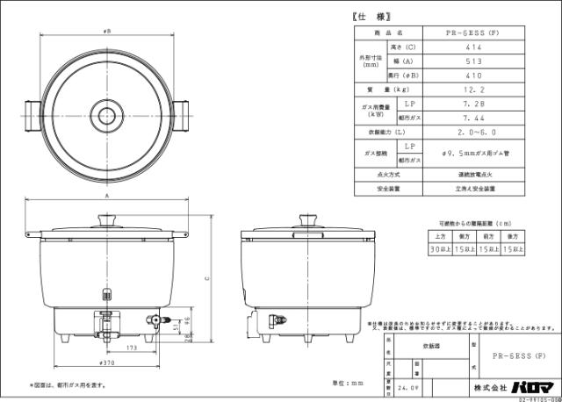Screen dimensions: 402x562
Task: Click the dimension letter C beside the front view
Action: point(207,278)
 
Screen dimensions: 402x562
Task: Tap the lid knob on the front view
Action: point(106,218)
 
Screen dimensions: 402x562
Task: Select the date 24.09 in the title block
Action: point(407,385)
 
